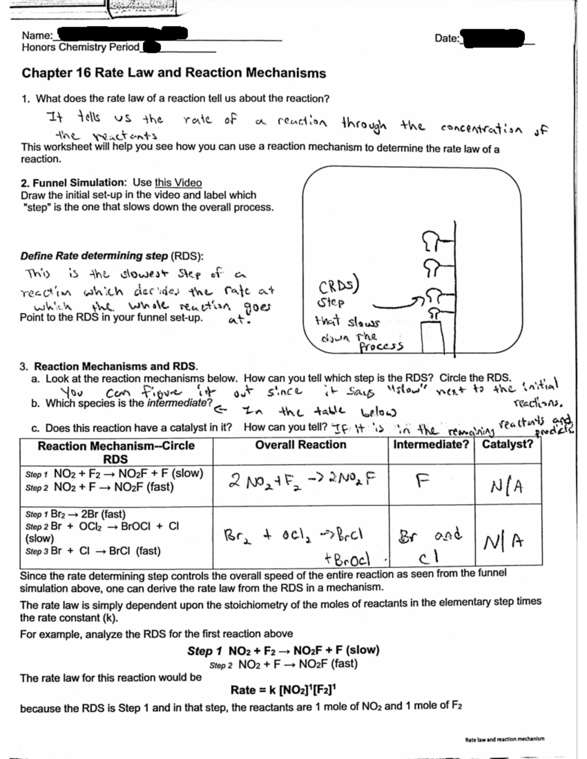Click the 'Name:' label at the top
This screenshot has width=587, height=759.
(x=37, y=35)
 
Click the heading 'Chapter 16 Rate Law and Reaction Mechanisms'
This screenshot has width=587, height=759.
(x=174, y=73)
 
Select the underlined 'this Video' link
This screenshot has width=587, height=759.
(x=178, y=182)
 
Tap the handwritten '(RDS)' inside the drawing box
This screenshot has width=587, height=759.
(x=339, y=285)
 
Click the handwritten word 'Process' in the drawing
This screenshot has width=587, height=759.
(x=381, y=346)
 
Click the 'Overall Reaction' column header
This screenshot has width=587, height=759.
(x=300, y=445)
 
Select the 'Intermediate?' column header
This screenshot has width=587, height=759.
(x=431, y=445)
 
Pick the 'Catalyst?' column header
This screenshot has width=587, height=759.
(x=507, y=445)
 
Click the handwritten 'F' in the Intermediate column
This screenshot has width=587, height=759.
(x=420, y=481)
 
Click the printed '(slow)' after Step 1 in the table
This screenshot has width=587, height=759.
(x=188, y=473)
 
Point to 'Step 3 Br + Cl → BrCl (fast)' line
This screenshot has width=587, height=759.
(x=93, y=551)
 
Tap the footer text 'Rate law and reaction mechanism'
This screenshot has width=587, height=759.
(x=504, y=739)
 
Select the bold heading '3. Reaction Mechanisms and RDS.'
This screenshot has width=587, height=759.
(x=109, y=367)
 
